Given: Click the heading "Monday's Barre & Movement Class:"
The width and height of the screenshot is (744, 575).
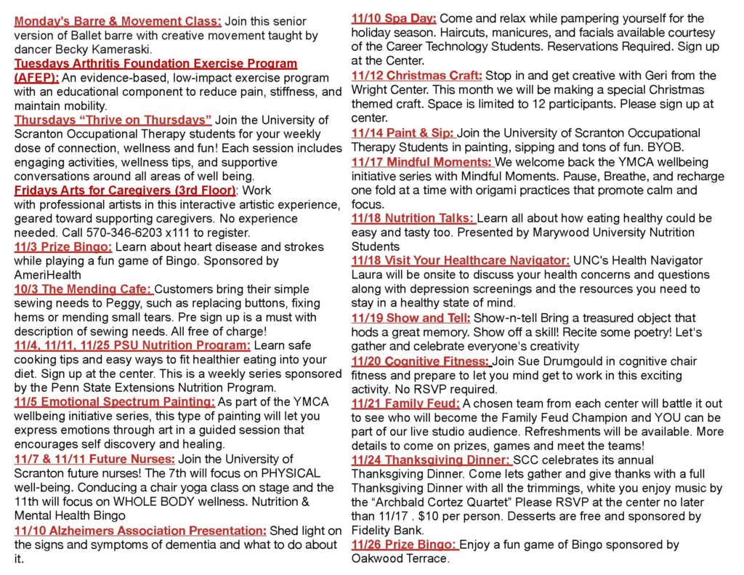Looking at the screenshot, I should click(x=118, y=21).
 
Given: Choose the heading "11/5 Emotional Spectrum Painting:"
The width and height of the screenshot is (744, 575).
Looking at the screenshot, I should click(x=115, y=402).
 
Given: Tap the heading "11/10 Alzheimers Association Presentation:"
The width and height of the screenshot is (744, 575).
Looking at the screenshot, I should click(x=140, y=531).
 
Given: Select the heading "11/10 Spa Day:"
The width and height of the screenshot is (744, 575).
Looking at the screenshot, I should click(x=394, y=18).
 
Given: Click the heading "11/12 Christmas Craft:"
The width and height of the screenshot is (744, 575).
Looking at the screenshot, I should click(x=417, y=76).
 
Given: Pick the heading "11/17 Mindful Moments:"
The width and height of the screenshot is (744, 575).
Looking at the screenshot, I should click(x=422, y=161).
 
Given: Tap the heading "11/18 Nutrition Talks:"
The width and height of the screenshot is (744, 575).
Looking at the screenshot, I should click(x=413, y=218).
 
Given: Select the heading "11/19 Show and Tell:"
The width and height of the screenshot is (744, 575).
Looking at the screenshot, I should click(x=411, y=318).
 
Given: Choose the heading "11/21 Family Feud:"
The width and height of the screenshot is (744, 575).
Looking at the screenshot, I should click(x=405, y=403).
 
